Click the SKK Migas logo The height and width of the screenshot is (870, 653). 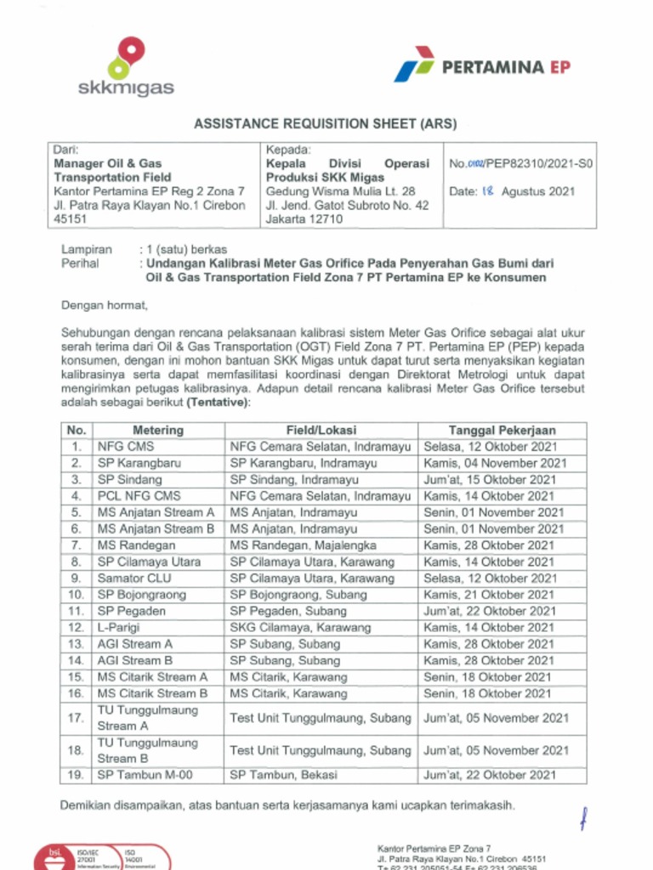tap(125, 66)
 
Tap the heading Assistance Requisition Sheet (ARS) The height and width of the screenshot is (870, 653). tap(326, 124)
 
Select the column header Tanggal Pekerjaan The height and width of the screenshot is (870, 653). tap(501, 431)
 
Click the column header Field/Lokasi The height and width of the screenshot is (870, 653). tap(321, 431)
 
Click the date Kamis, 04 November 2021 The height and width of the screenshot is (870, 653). tap(495, 464)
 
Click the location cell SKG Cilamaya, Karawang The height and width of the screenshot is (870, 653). tap(300, 628)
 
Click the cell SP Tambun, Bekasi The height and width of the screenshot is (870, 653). tap(283, 775)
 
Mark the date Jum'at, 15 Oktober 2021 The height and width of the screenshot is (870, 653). tap(491, 480)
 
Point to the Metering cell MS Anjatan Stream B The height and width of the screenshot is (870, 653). tap(156, 529)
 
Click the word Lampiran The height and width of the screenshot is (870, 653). tap(87, 250)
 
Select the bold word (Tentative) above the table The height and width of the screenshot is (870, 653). tap(219, 402)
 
